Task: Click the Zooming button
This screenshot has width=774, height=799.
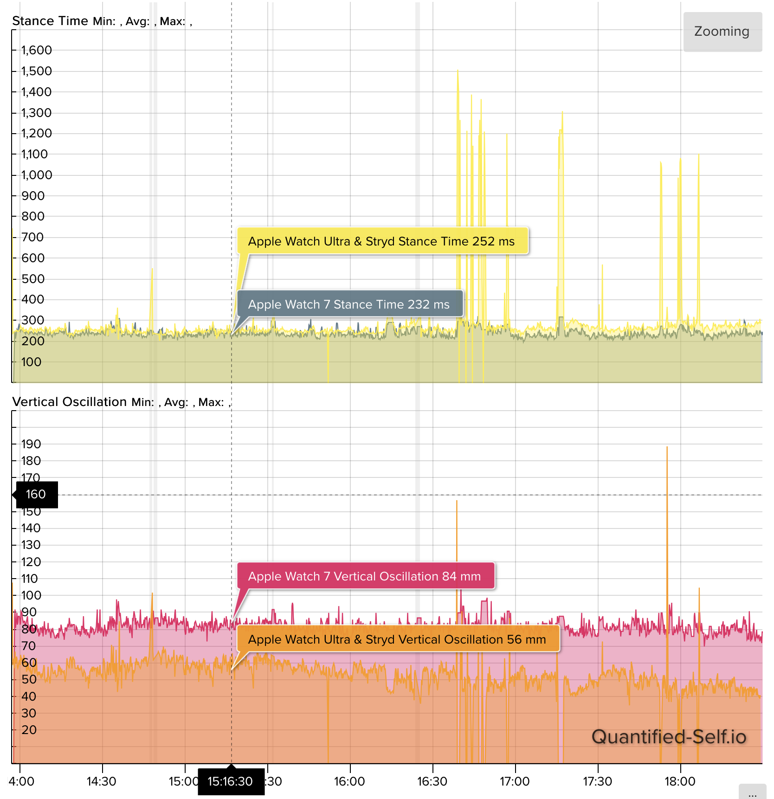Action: tap(722, 32)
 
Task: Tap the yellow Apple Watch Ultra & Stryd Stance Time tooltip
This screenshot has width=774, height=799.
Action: tap(382, 241)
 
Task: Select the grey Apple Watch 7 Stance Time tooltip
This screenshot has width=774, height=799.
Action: tap(349, 304)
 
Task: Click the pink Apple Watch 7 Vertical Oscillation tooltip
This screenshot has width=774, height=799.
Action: tap(365, 576)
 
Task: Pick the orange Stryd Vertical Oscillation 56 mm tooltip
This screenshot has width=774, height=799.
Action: tap(397, 639)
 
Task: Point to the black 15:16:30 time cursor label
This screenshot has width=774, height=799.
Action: tap(231, 781)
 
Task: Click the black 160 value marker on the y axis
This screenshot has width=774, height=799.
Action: tap(36, 494)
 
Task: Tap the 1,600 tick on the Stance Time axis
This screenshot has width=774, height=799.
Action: tap(36, 50)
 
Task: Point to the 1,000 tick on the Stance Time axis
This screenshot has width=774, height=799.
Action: tap(36, 175)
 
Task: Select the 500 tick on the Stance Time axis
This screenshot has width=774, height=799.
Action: tap(33, 279)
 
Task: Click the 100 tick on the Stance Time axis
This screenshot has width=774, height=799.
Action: tap(31, 362)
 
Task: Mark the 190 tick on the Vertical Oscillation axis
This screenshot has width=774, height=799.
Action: tap(31, 444)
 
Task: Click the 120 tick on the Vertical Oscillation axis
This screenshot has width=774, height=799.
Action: tap(31, 562)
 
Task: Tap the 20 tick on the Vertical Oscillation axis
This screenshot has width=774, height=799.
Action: tap(29, 730)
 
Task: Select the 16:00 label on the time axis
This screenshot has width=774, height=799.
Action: tap(349, 781)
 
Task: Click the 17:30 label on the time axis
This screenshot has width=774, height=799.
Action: tap(597, 781)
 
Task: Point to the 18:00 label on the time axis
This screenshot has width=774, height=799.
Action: tap(680, 781)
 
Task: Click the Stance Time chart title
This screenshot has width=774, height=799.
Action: tap(50, 21)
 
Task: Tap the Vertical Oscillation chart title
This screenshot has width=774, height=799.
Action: tap(69, 402)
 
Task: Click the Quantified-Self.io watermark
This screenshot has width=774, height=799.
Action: tap(669, 737)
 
